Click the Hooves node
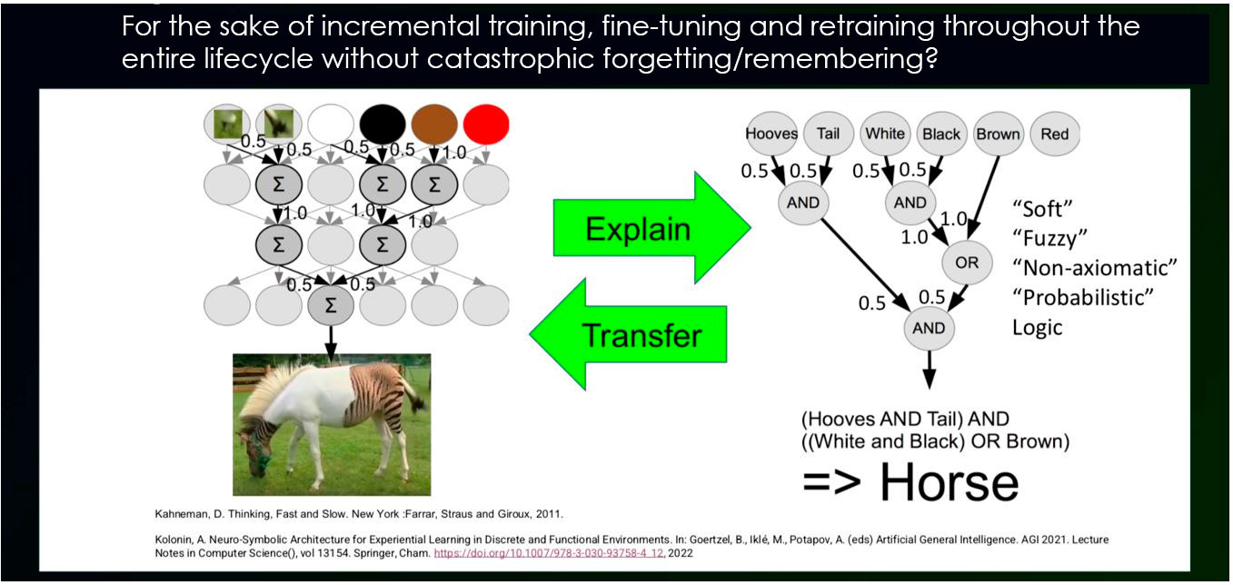pos(771,134)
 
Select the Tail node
pos(828,134)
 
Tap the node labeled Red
pos(1055,134)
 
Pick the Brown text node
pos(998,134)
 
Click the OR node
pos(967,263)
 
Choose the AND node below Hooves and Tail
pos(803,203)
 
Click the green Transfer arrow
pos(628,334)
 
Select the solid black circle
pos(383,124)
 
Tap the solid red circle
pos(486,124)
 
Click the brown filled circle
pos(434,124)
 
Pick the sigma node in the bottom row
pos(330,305)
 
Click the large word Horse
pos(950,482)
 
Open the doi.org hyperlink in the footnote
pos(549,553)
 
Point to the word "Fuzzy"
pos(1049,239)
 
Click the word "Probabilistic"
pos(1083,298)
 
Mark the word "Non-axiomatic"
pos(1095,268)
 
